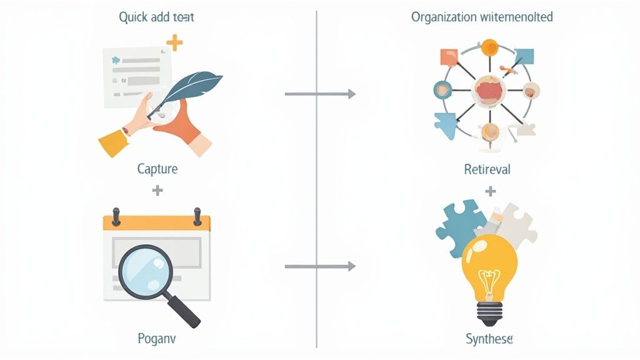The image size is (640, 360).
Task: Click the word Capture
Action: click(x=157, y=169)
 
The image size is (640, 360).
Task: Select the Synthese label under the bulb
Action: click(x=489, y=339)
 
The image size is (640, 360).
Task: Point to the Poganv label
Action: click(x=157, y=339)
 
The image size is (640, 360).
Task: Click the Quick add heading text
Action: click(x=156, y=17)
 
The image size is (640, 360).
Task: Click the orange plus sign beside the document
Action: click(x=175, y=43)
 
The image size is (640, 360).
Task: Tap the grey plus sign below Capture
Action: click(x=157, y=190)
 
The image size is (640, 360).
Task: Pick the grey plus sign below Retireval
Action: click(x=490, y=190)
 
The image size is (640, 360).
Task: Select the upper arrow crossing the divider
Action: click(x=319, y=94)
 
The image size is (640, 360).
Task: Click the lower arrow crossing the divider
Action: click(x=319, y=267)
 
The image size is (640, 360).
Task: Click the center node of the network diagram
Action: click(x=489, y=89)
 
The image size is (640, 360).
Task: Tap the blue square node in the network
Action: click(x=524, y=56)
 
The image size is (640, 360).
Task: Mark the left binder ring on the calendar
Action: click(x=116, y=216)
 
